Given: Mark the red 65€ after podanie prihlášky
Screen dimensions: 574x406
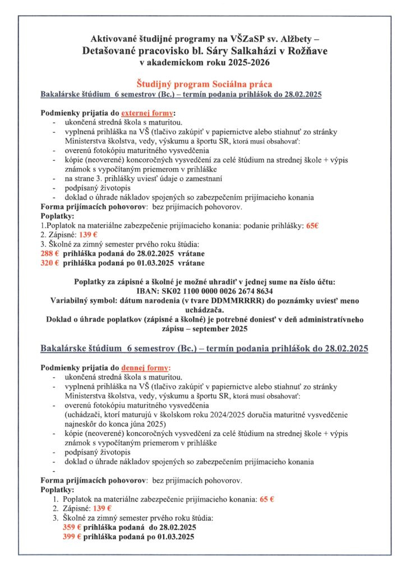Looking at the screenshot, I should pyautogui.click(x=312, y=225).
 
